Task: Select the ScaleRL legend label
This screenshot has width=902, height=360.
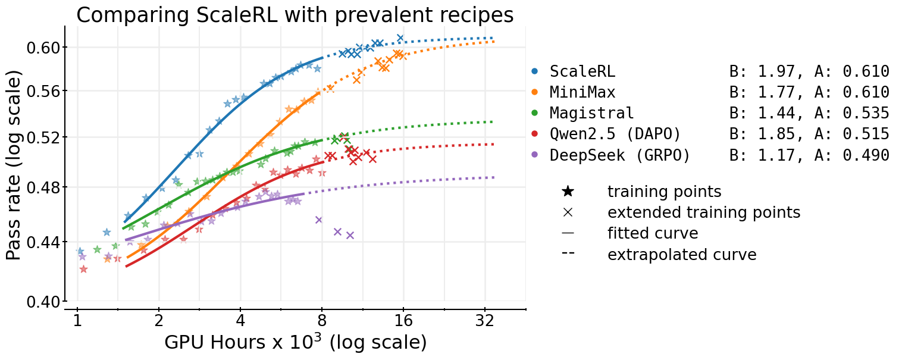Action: pyautogui.click(x=582, y=71)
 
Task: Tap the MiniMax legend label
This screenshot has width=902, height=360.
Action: pyautogui.click(x=582, y=92)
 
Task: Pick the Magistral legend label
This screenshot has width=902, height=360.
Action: pyautogui.click(x=591, y=113)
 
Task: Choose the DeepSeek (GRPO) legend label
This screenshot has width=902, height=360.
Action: pyautogui.click(x=619, y=155)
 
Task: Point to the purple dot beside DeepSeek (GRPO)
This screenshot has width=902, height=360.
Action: pyautogui.click(x=534, y=155)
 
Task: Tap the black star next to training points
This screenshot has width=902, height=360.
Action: pyautogui.click(x=568, y=192)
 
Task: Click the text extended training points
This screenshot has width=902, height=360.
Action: pyautogui.click(x=703, y=212)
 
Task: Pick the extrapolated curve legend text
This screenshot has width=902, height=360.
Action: pyautogui.click(x=681, y=255)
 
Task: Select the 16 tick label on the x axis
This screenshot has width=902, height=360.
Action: pyautogui.click(x=403, y=322)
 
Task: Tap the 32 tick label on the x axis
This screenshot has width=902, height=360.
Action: pyautogui.click(x=485, y=322)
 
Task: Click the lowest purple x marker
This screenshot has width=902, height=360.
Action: pyautogui.click(x=350, y=235)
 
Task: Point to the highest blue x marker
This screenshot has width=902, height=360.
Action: pyautogui.click(x=400, y=38)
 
